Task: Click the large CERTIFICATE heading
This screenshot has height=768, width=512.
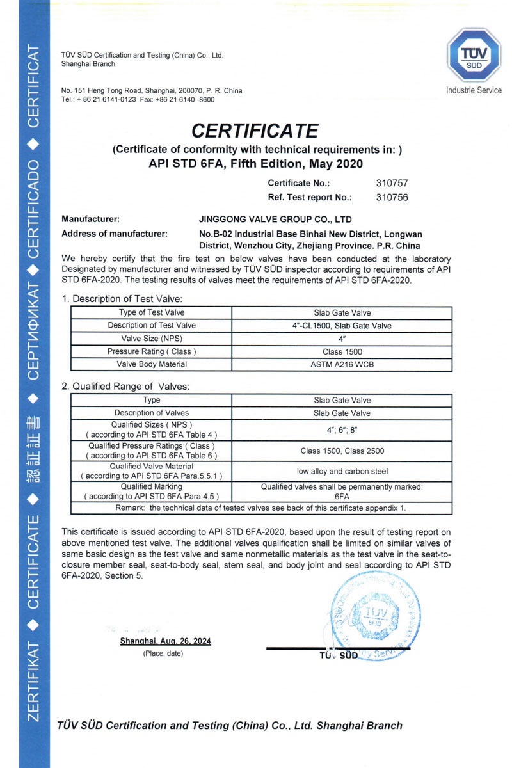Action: tap(255, 131)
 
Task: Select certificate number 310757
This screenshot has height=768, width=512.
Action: tap(392, 183)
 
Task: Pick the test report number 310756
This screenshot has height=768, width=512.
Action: tap(392, 197)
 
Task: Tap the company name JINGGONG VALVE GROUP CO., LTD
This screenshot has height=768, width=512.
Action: tap(276, 219)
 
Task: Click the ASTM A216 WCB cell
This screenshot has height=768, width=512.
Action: tap(342, 364)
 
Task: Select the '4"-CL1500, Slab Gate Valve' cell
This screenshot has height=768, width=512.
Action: tap(342, 326)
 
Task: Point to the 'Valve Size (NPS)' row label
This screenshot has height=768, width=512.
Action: tap(152, 339)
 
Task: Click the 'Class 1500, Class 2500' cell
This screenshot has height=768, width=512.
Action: tap(342, 451)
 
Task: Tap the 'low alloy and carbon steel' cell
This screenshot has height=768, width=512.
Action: tap(342, 472)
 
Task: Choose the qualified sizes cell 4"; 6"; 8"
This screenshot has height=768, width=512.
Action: tap(342, 429)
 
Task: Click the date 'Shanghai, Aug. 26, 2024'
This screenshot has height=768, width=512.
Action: tap(165, 641)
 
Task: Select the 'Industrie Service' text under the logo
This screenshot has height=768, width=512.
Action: tap(474, 90)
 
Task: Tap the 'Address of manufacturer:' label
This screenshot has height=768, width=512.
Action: tap(115, 234)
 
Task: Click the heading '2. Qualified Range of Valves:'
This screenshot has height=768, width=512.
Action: tap(126, 387)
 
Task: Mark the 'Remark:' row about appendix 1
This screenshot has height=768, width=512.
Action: tap(260, 508)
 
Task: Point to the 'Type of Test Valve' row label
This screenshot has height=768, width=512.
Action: tap(152, 313)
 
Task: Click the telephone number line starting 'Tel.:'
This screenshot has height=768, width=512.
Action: tap(138, 100)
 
